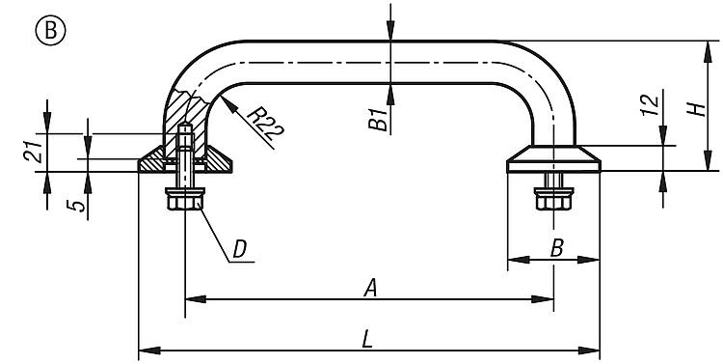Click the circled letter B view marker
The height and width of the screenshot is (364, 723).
click(50, 31)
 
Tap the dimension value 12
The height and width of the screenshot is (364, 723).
click(650, 105)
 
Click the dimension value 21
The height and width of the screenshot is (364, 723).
click(33, 151)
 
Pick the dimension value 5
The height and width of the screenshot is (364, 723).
click(76, 205)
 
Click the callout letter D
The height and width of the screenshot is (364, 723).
click(240, 249)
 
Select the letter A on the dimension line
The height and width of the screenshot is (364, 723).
click(370, 289)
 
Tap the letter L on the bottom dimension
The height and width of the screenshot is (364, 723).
click(367, 340)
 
